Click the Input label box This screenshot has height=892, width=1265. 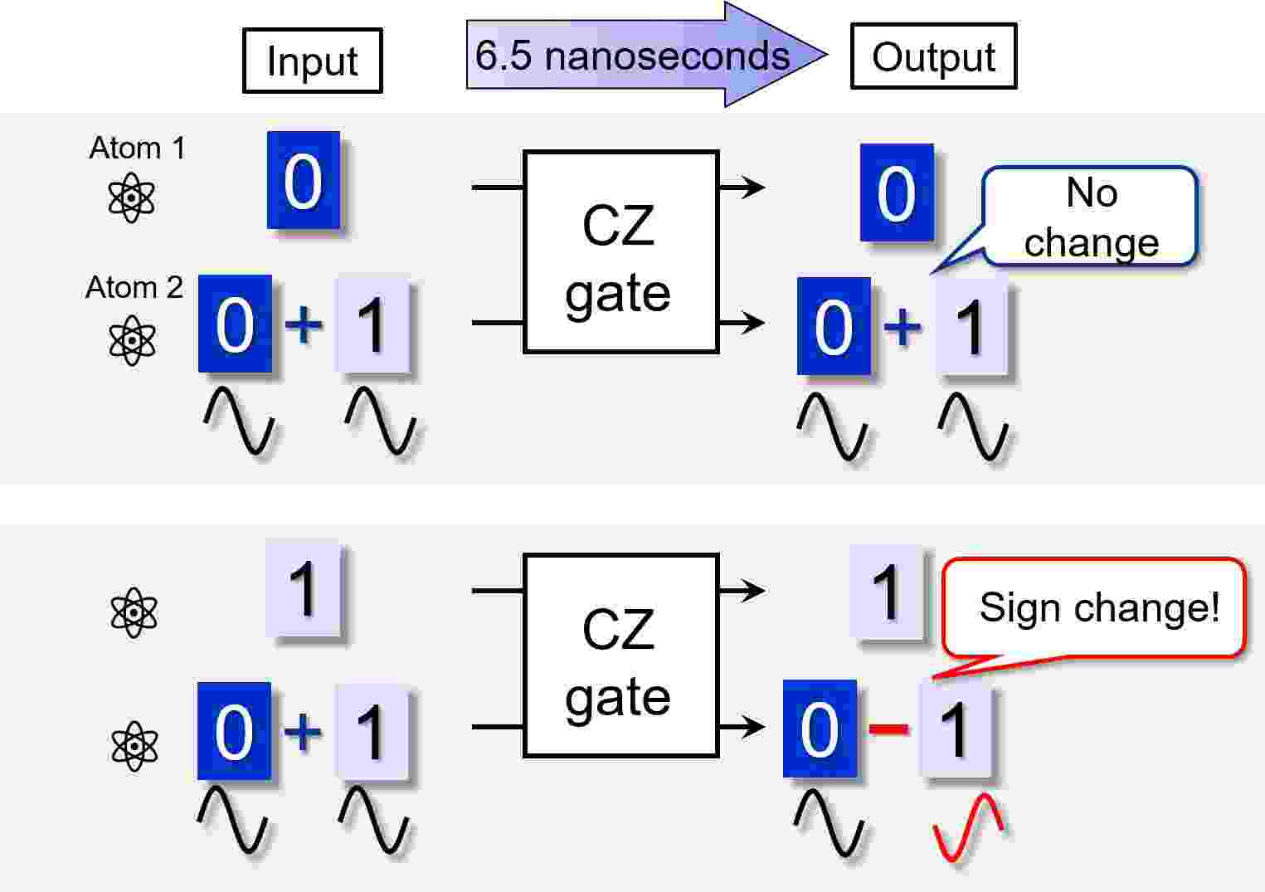(x=312, y=61)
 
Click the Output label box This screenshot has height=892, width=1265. (x=933, y=56)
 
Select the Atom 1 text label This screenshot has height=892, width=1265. (x=137, y=148)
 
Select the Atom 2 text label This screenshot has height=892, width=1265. (x=134, y=287)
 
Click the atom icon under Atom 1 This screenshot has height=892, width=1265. (x=132, y=198)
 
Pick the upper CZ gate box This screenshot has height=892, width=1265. (x=620, y=252)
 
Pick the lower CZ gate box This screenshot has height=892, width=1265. (x=620, y=656)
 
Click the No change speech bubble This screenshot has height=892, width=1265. (x=1090, y=217)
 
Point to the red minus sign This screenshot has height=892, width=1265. (x=888, y=729)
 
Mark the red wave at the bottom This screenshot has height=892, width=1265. (x=968, y=827)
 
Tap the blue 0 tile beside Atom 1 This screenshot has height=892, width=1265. (x=303, y=180)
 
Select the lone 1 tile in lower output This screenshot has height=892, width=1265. (x=886, y=592)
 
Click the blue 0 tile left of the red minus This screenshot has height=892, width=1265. (x=820, y=729)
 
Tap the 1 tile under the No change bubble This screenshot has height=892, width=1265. (x=971, y=326)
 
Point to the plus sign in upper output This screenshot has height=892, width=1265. (x=903, y=325)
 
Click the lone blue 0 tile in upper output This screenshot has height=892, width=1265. (x=897, y=193)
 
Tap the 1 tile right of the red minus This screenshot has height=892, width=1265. (x=956, y=729)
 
